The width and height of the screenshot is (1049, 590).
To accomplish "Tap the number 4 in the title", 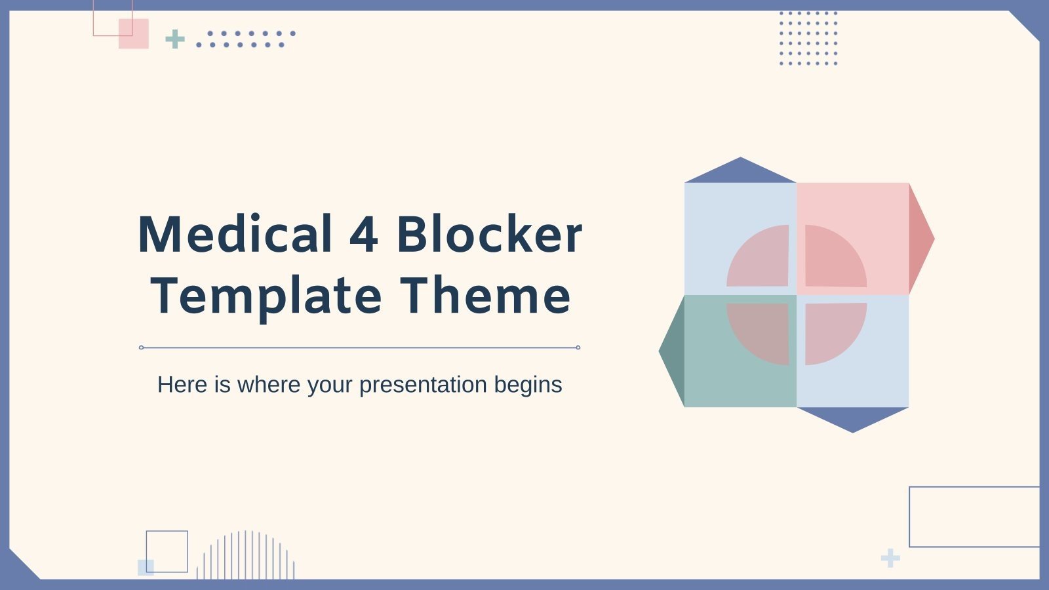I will pos(364,235).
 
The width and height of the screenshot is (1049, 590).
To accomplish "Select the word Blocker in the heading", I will pos(489,235).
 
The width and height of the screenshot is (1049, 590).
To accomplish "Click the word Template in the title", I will pos(266,296).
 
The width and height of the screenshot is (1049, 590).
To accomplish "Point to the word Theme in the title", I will pos(486,296).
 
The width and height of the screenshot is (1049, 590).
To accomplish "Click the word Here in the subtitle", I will pos(182,385).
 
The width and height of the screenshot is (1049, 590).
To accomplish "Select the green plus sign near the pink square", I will pos(175,39).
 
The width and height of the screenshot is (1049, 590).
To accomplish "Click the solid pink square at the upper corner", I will pos(134,34).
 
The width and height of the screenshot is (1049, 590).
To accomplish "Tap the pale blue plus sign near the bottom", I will pos(890,559).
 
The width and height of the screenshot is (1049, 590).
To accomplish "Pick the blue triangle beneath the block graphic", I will pos(852,418).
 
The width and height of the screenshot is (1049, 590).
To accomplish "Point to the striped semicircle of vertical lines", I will pos(246,557).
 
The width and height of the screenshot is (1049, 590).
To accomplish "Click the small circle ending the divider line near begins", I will pos(578,347).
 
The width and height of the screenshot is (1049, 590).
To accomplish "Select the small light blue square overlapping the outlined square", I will pos(145,568).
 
